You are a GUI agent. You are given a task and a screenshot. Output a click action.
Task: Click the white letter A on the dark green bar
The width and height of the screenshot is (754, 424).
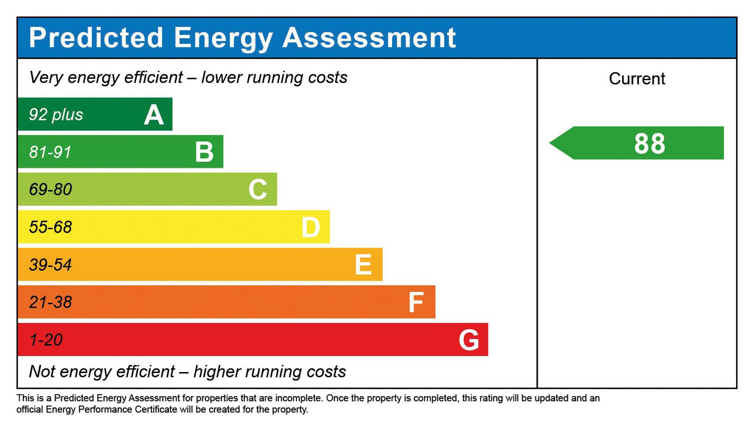(x=154, y=115)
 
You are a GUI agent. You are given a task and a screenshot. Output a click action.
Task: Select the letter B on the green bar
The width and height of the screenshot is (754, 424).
(x=204, y=152)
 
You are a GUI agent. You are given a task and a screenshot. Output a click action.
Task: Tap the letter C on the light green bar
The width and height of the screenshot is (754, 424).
(x=258, y=189)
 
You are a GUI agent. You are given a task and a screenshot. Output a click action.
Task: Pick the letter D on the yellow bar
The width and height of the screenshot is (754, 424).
(x=311, y=228)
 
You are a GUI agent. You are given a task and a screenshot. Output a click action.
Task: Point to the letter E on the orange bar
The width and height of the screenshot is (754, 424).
(x=363, y=265)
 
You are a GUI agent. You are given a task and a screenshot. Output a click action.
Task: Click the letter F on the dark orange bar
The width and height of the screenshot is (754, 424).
(x=416, y=302)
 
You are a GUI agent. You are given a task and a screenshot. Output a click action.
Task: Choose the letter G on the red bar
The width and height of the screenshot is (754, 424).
(x=469, y=340)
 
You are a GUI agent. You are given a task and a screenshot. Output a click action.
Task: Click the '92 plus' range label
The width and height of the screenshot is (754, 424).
(x=56, y=114)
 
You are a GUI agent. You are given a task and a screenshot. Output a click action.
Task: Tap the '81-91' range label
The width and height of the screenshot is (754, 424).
(x=50, y=152)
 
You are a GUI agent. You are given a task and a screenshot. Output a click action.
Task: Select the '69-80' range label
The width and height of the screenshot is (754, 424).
(x=50, y=189)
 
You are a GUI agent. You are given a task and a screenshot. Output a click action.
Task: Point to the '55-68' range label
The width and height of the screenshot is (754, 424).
(x=50, y=227)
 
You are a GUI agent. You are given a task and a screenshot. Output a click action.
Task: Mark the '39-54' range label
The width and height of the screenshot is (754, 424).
(x=50, y=265)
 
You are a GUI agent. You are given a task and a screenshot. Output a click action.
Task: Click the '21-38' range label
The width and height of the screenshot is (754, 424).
(x=50, y=302)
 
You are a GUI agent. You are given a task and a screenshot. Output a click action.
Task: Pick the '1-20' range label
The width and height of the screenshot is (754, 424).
(x=46, y=340)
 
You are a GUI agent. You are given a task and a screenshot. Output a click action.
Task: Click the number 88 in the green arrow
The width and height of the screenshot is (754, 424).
(x=649, y=144)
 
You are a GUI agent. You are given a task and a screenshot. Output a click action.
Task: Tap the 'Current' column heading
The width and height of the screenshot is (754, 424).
(x=637, y=79)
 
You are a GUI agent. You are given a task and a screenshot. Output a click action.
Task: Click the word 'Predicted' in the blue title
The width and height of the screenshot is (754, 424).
(x=96, y=38)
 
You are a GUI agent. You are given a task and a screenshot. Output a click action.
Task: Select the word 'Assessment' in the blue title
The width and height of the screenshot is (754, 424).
(x=369, y=38)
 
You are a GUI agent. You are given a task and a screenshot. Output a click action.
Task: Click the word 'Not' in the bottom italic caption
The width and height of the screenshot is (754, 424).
(x=42, y=372)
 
